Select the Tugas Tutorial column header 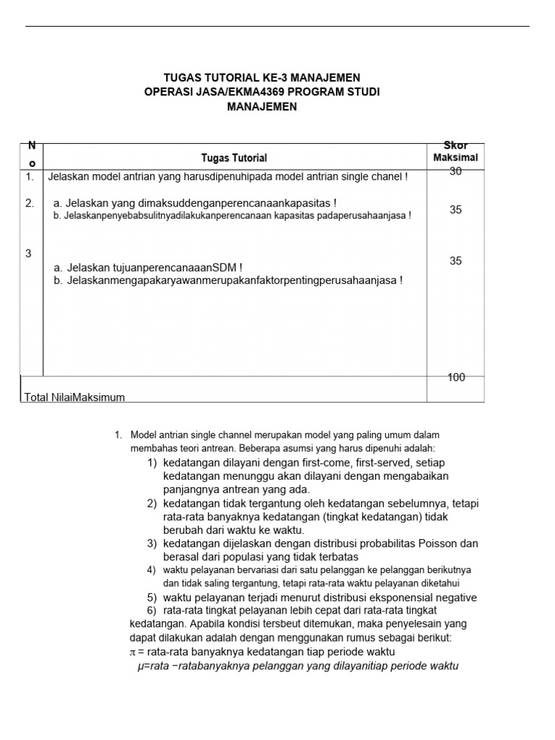coord(233,158)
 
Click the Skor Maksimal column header coord(455,152)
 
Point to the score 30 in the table coord(455,171)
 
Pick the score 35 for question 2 coord(455,210)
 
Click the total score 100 coord(455,377)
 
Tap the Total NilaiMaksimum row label coord(74,397)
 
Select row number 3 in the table coord(28,253)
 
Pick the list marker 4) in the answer coord(152,570)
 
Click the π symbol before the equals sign coord(123,652)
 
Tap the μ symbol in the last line coord(140,666)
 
